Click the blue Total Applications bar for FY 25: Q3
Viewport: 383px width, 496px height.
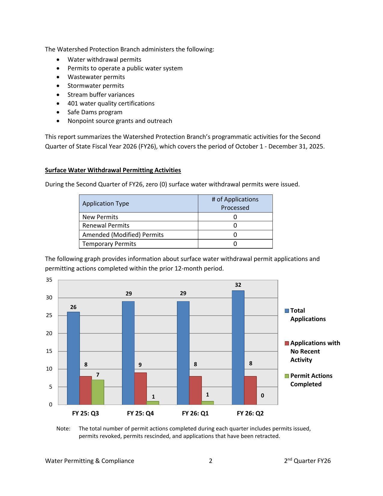coord(73,358)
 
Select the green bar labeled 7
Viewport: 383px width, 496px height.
coord(98,392)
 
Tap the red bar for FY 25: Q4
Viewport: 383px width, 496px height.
coord(141,388)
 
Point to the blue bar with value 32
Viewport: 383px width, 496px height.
coord(238,347)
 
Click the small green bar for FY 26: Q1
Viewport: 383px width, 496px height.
coord(208,403)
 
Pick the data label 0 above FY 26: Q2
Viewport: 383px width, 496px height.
coord(263,396)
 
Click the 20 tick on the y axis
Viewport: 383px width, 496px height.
coord(49,333)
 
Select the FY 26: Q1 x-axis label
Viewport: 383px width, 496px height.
coord(195,413)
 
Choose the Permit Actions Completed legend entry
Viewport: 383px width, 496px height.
coord(311,380)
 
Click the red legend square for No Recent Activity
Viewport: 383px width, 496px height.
coord(287,343)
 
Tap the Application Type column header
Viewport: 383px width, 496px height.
coord(106,204)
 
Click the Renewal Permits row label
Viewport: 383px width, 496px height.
coord(106,225)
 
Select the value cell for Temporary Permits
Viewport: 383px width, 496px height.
coord(235,244)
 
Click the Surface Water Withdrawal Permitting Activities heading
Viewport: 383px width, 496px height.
coord(113,170)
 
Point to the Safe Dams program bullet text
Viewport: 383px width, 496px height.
coord(95,112)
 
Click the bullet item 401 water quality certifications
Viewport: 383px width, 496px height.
coord(111,103)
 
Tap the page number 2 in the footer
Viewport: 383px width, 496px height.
coord(211,461)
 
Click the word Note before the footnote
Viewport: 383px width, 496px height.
coord(63,428)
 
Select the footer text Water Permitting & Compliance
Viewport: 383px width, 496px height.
coord(90,461)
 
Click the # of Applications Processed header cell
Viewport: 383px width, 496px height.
coord(235,204)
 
